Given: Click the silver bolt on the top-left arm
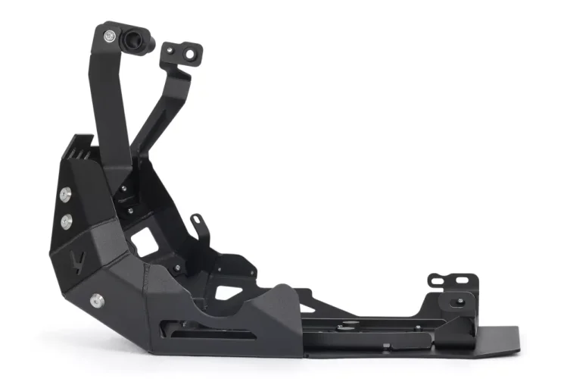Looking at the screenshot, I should coord(111,36).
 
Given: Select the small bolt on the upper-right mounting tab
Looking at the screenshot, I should coord(170,51).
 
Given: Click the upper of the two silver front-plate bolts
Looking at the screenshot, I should coord(66,195).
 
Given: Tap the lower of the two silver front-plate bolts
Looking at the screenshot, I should coord(67,221).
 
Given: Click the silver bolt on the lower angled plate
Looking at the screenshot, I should coord(96,300).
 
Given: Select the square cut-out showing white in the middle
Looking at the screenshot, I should coord(144,242).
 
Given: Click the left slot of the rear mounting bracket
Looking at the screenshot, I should coord(437,281).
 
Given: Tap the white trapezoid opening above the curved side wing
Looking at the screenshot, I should coord(227,292).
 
